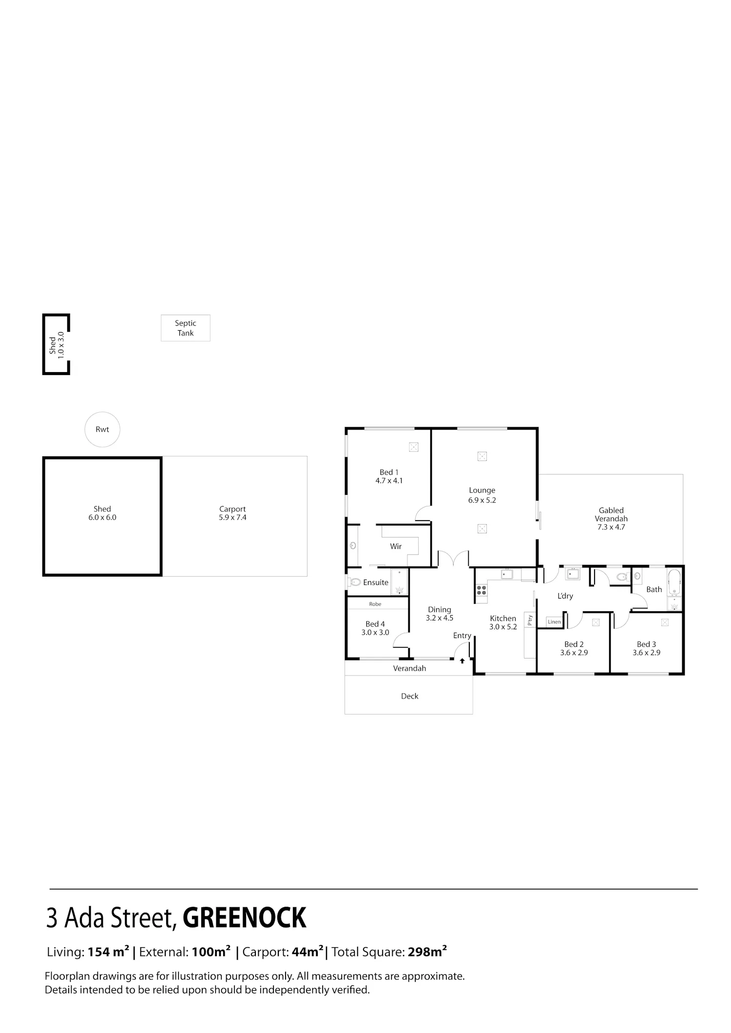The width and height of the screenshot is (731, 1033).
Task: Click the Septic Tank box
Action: pyautogui.click(x=186, y=328)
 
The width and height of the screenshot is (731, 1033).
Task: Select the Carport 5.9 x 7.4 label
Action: pyautogui.click(x=232, y=513)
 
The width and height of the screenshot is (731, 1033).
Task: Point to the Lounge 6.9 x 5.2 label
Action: pyautogui.click(x=482, y=495)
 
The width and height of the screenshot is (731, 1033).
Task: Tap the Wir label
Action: pyautogui.click(x=396, y=546)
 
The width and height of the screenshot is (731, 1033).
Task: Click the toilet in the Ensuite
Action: pyautogui.click(x=354, y=582)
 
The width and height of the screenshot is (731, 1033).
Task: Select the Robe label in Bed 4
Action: pyautogui.click(x=375, y=604)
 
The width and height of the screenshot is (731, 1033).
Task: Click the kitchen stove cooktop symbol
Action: pyautogui.click(x=481, y=591)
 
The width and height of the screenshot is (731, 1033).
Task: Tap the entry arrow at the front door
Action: pyautogui.click(x=462, y=661)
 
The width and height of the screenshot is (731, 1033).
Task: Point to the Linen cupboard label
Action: pyautogui.click(x=554, y=622)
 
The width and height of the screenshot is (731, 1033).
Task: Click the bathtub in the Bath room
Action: pyautogui.click(x=674, y=582)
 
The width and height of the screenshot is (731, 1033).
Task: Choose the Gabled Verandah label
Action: pyautogui.click(x=611, y=519)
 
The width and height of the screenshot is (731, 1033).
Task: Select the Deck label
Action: pyautogui.click(x=410, y=696)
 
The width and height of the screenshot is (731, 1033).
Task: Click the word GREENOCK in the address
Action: pyautogui.click(x=244, y=918)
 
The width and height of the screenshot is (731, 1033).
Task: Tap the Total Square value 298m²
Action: pyautogui.click(x=427, y=952)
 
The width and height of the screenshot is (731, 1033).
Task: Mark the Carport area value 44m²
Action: pyautogui.click(x=308, y=952)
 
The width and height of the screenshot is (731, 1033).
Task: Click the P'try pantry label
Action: pyautogui.click(x=530, y=620)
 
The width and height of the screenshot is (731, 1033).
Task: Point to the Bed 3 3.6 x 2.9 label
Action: pyautogui.click(x=646, y=648)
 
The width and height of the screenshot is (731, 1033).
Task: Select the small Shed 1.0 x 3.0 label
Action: pyautogui.click(x=57, y=345)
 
